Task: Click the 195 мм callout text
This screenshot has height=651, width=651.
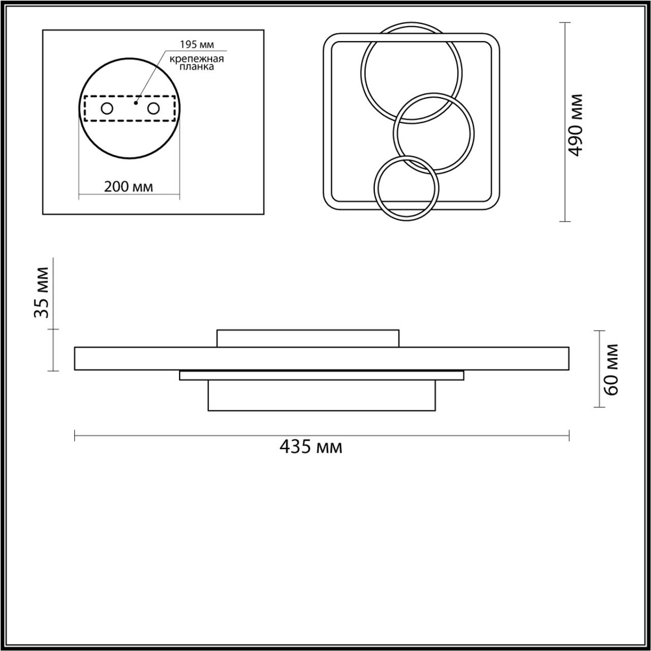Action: [x=198, y=45]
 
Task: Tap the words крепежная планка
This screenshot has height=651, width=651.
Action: [x=197, y=63]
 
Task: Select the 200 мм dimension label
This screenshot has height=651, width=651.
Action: [x=128, y=187]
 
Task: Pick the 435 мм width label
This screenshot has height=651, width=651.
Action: [x=311, y=447]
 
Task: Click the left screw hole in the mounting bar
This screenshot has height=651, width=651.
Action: [x=106, y=108]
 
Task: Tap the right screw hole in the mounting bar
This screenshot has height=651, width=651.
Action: [x=154, y=108]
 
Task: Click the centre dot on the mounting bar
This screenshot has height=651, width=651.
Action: [x=136, y=102]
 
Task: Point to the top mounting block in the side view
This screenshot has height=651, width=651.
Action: [x=308, y=339]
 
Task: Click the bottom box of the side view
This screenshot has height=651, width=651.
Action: [x=321, y=395]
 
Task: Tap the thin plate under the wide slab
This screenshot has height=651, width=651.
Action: [x=322, y=376]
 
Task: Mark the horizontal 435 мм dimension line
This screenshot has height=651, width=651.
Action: [x=322, y=436]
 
